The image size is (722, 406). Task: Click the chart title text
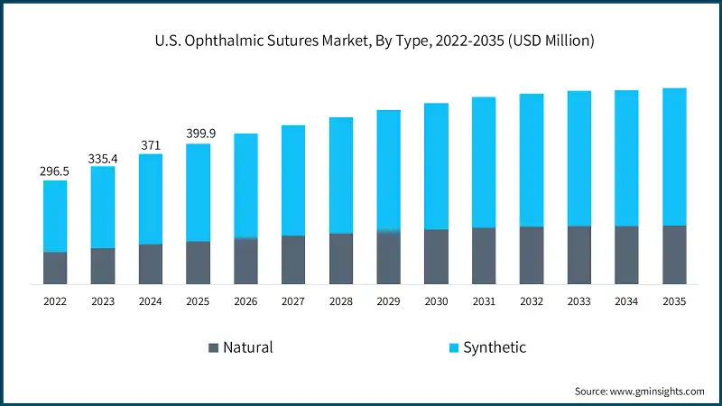(361, 41)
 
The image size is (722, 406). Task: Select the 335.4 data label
(103, 159)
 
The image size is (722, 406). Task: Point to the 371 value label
(151, 145)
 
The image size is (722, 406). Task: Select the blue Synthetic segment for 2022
(55, 216)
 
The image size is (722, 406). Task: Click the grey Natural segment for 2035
(674, 254)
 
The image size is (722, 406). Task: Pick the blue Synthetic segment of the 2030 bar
(436, 166)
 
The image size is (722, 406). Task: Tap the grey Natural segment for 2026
(245, 261)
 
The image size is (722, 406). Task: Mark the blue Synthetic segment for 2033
(579, 158)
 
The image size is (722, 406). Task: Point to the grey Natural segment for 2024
(151, 263)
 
